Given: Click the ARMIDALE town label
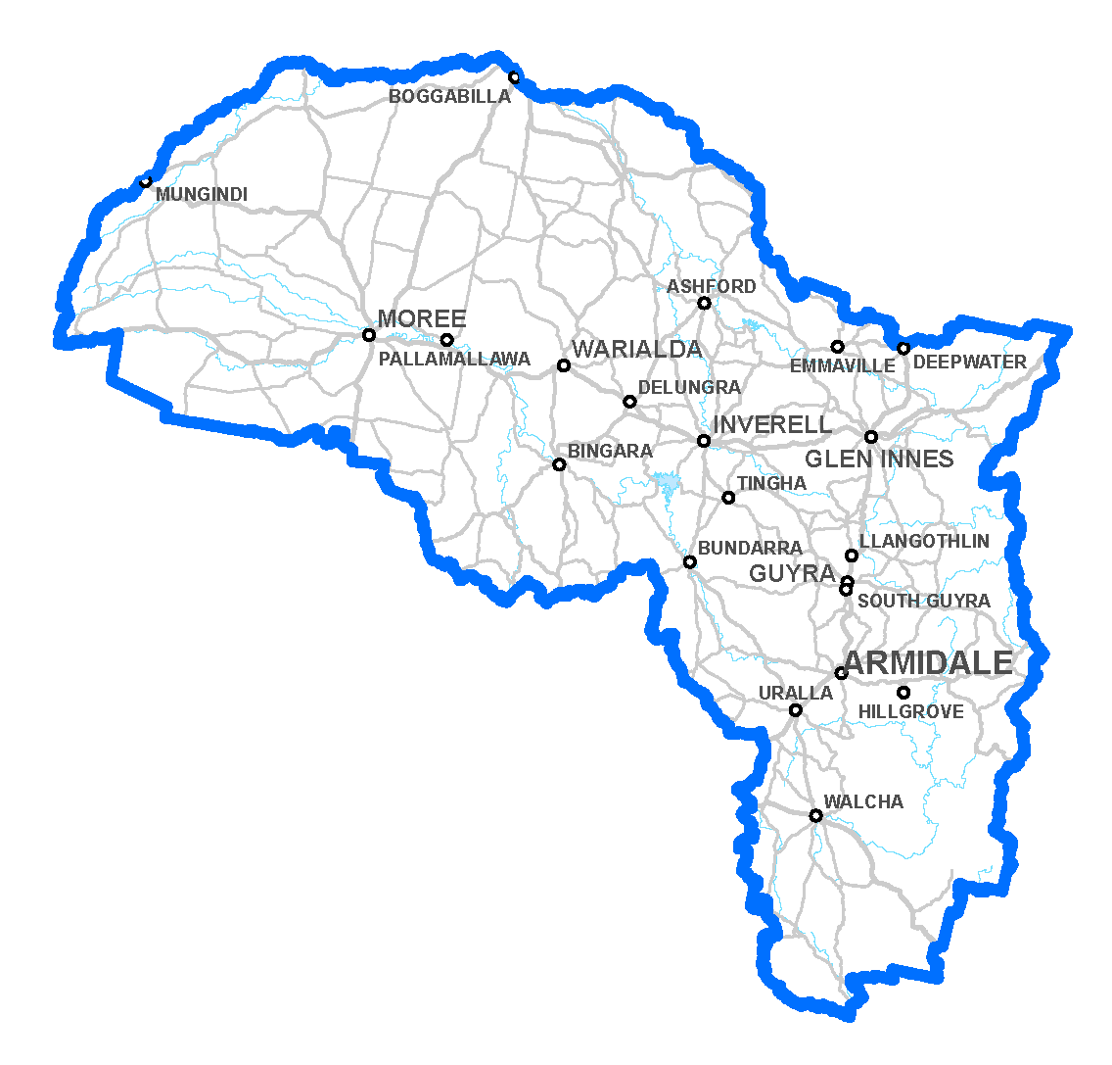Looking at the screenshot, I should click(x=927, y=663).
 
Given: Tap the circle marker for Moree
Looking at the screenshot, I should click(x=369, y=335).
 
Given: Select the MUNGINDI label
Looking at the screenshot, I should click(x=202, y=195).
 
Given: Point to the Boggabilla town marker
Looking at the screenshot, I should click(x=514, y=77).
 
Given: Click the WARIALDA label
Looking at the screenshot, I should click(x=636, y=350).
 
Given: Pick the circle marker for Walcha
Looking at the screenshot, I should click(x=815, y=815).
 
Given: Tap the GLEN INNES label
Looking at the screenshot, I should click(x=879, y=460).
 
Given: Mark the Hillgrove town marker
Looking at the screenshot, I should click(x=903, y=693).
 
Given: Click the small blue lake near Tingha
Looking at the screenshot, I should click(x=668, y=483).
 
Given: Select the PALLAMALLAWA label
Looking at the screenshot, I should click(x=454, y=360).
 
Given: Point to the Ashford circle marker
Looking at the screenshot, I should click(x=704, y=303).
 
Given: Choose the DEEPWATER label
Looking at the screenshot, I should click(x=969, y=363).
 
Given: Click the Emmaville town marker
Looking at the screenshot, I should click(x=837, y=347).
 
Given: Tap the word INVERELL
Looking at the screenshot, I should click(x=772, y=425).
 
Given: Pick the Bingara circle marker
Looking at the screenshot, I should click(x=559, y=464).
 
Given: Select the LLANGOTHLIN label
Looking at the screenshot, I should click(x=924, y=542).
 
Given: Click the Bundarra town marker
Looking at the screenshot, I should click(x=690, y=562).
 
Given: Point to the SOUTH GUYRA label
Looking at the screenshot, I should click(x=923, y=601).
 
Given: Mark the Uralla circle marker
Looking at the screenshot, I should click(x=796, y=710).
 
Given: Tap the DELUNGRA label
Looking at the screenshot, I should click(x=689, y=388).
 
